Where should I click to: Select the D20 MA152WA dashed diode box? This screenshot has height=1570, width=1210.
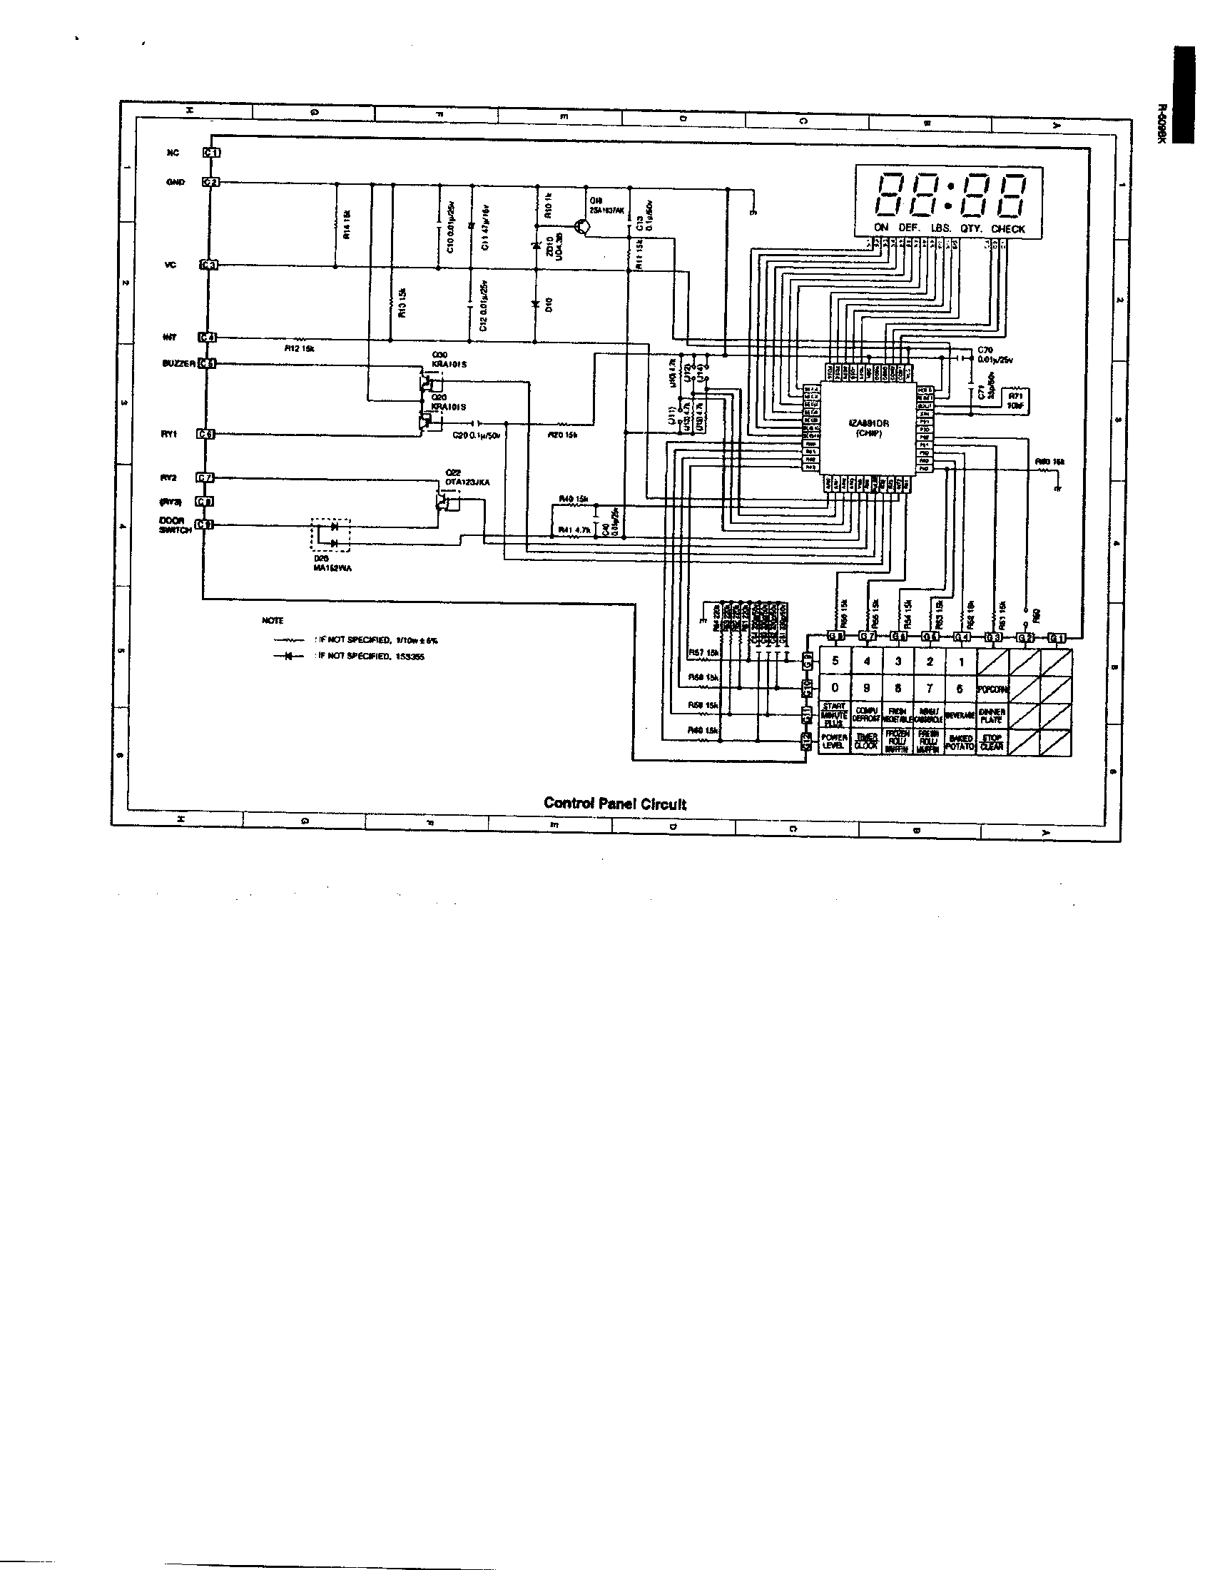[330, 535]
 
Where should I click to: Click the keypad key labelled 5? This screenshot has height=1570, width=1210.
[835, 661]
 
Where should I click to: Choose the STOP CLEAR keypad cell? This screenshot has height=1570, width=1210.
[992, 742]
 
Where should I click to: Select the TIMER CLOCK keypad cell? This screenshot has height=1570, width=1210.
[867, 742]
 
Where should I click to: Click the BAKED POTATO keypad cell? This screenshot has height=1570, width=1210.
[961, 742]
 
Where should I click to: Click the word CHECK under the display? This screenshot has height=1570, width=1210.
[1007, 228]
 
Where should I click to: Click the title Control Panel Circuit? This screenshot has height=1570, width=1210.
[615, 804]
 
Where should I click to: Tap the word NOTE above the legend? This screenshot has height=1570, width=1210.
[273, 620]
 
